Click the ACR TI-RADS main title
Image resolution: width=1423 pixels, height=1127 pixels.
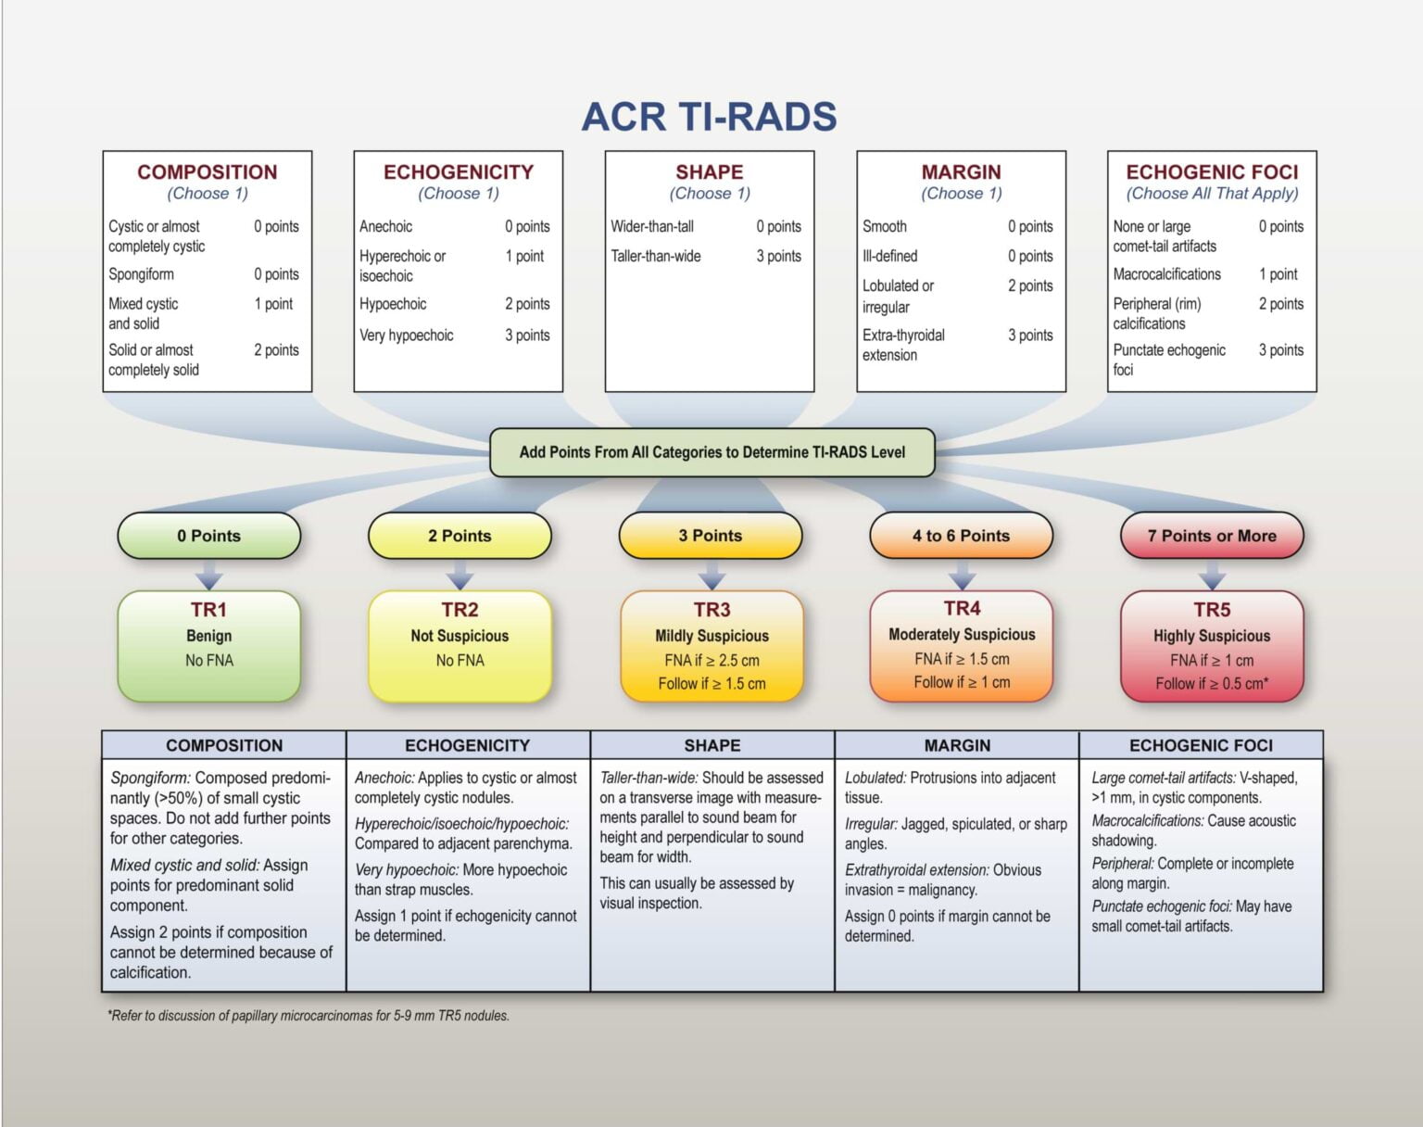pyautogui.click(x=709, y=118)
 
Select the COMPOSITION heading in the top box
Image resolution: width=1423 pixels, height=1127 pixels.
pyautogui.click(x=208, y=172)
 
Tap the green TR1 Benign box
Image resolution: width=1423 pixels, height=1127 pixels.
pyautogui.click(x=209, y=645)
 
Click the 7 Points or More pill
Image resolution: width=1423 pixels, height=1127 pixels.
pyautogui.click(x=1212, y=536)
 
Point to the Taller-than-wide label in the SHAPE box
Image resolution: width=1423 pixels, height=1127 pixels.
pyautogui.click(x=656, y=256)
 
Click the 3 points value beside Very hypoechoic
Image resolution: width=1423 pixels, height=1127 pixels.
pyautogui.click(x=527, y=336)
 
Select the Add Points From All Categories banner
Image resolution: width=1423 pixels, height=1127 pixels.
pyautogui.click(x=711, y=452)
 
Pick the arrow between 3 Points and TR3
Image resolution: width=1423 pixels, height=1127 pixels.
pyautogui.click(x=711, y=576)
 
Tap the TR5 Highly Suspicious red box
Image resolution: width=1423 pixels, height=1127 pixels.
pyautogui.click(x=1212, y=645)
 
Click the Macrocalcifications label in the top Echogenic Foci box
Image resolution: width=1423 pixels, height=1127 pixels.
pyautogui.click(x=1166, y=274)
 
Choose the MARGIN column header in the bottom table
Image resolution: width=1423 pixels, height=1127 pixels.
pyautogui.click(x=957, y=745)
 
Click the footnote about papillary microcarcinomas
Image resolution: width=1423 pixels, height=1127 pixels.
pyautogui.click(x=309, y=1016)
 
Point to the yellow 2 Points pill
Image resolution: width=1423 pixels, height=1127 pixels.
pyautogui.click(x=460, y=536)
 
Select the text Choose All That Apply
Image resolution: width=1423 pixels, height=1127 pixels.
pyautogui.click(x=1212, y=194)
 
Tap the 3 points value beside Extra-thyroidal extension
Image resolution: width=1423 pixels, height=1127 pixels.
pyautogui.click(x=1030, y=336)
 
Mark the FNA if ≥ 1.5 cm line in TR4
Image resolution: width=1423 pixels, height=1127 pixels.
pyautogui.click(x=962, y=659)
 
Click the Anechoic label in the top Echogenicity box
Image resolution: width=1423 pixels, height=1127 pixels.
pyautogui.click(x=385, y=226)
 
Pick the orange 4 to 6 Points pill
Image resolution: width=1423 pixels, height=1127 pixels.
pyautogui.click(x=961, y=536)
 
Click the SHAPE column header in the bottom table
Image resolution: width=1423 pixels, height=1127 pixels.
pyautogui.click(x=711, y=745)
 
